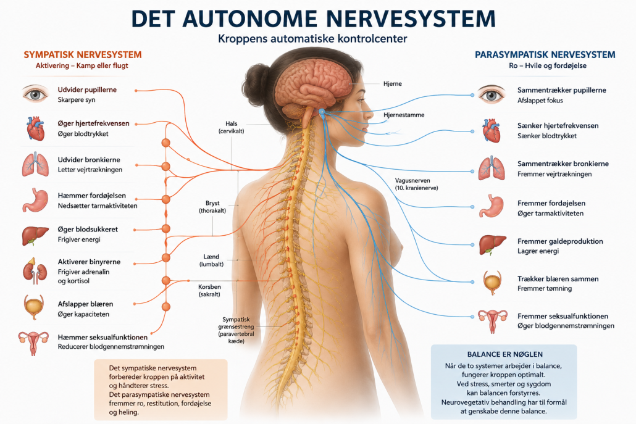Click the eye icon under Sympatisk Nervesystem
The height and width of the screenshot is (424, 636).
click(x=35, y=94)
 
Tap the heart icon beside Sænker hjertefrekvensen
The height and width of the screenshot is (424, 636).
click(x=491, y=130)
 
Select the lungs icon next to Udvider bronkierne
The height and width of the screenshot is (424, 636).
click(x=35, y=164)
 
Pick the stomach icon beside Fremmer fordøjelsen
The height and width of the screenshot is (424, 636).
click(x=491, y=206)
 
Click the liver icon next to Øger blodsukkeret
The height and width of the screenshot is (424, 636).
click(x=35, y=236)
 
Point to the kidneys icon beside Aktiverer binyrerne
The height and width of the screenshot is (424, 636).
click(x=35, y=270)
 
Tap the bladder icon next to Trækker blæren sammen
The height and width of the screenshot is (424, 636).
click(x=492, y=283)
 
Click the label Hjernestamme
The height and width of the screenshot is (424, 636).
click(x=404, y=115)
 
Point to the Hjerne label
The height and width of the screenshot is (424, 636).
click(x=392, y=83)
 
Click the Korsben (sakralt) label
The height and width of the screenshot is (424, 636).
click(x=210, y=290)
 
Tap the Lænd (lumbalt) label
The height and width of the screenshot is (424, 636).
click(x=211, y=260)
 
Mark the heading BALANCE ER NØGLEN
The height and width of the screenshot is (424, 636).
click(x=504, y=354)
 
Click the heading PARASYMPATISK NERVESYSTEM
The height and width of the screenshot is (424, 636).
click(x=545, y=55)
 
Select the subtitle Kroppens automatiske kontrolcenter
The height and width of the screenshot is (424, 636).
click(x=312, y=38)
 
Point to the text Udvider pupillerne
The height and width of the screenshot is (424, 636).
click(x=87, y=89)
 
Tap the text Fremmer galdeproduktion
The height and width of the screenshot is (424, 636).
click(x=560, y=241)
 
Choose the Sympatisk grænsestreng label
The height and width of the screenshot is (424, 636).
click(x=236, y=330)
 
